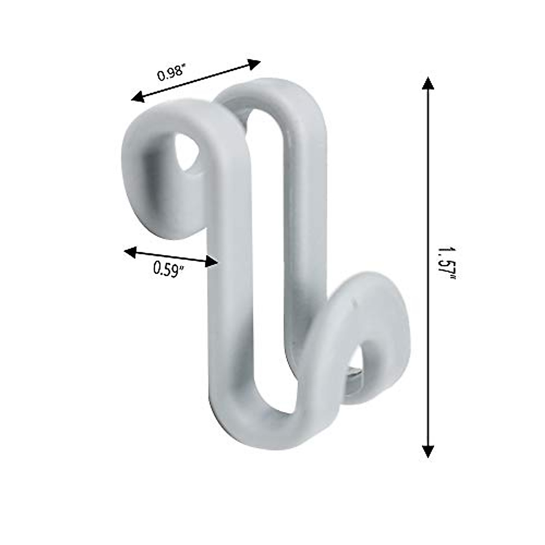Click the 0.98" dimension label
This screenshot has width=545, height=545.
click(172, 73)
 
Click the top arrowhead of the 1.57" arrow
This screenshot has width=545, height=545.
click(427, 84)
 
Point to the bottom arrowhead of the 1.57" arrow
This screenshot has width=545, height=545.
click(427, 451)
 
